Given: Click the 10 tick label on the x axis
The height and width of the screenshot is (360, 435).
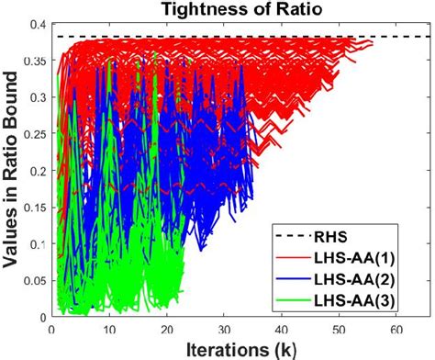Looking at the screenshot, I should coord(109,329).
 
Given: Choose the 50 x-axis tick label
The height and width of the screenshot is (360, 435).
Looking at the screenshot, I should coord(340,329).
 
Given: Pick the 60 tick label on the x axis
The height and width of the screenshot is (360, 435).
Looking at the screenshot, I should coord(396,329).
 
